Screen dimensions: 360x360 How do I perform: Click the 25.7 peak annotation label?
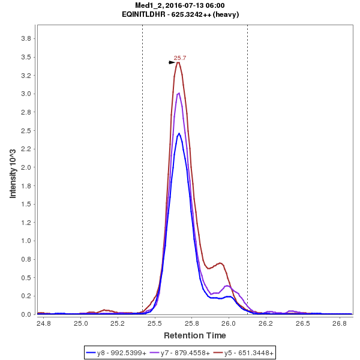[180, 58]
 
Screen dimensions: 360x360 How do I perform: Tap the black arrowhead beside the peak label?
[172, 62]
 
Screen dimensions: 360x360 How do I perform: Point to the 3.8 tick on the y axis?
[26, 38]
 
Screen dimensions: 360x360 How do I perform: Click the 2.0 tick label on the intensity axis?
[26, 167]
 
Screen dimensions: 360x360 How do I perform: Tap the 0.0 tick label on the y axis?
[26, 314]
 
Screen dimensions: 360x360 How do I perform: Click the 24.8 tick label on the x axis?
[43, 323]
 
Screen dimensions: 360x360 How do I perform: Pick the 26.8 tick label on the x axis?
[339, 323]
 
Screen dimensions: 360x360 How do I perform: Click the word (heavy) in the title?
[227, 14]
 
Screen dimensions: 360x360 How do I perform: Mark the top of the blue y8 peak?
[179, 134]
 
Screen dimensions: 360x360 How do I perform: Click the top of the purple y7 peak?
[178, 93]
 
